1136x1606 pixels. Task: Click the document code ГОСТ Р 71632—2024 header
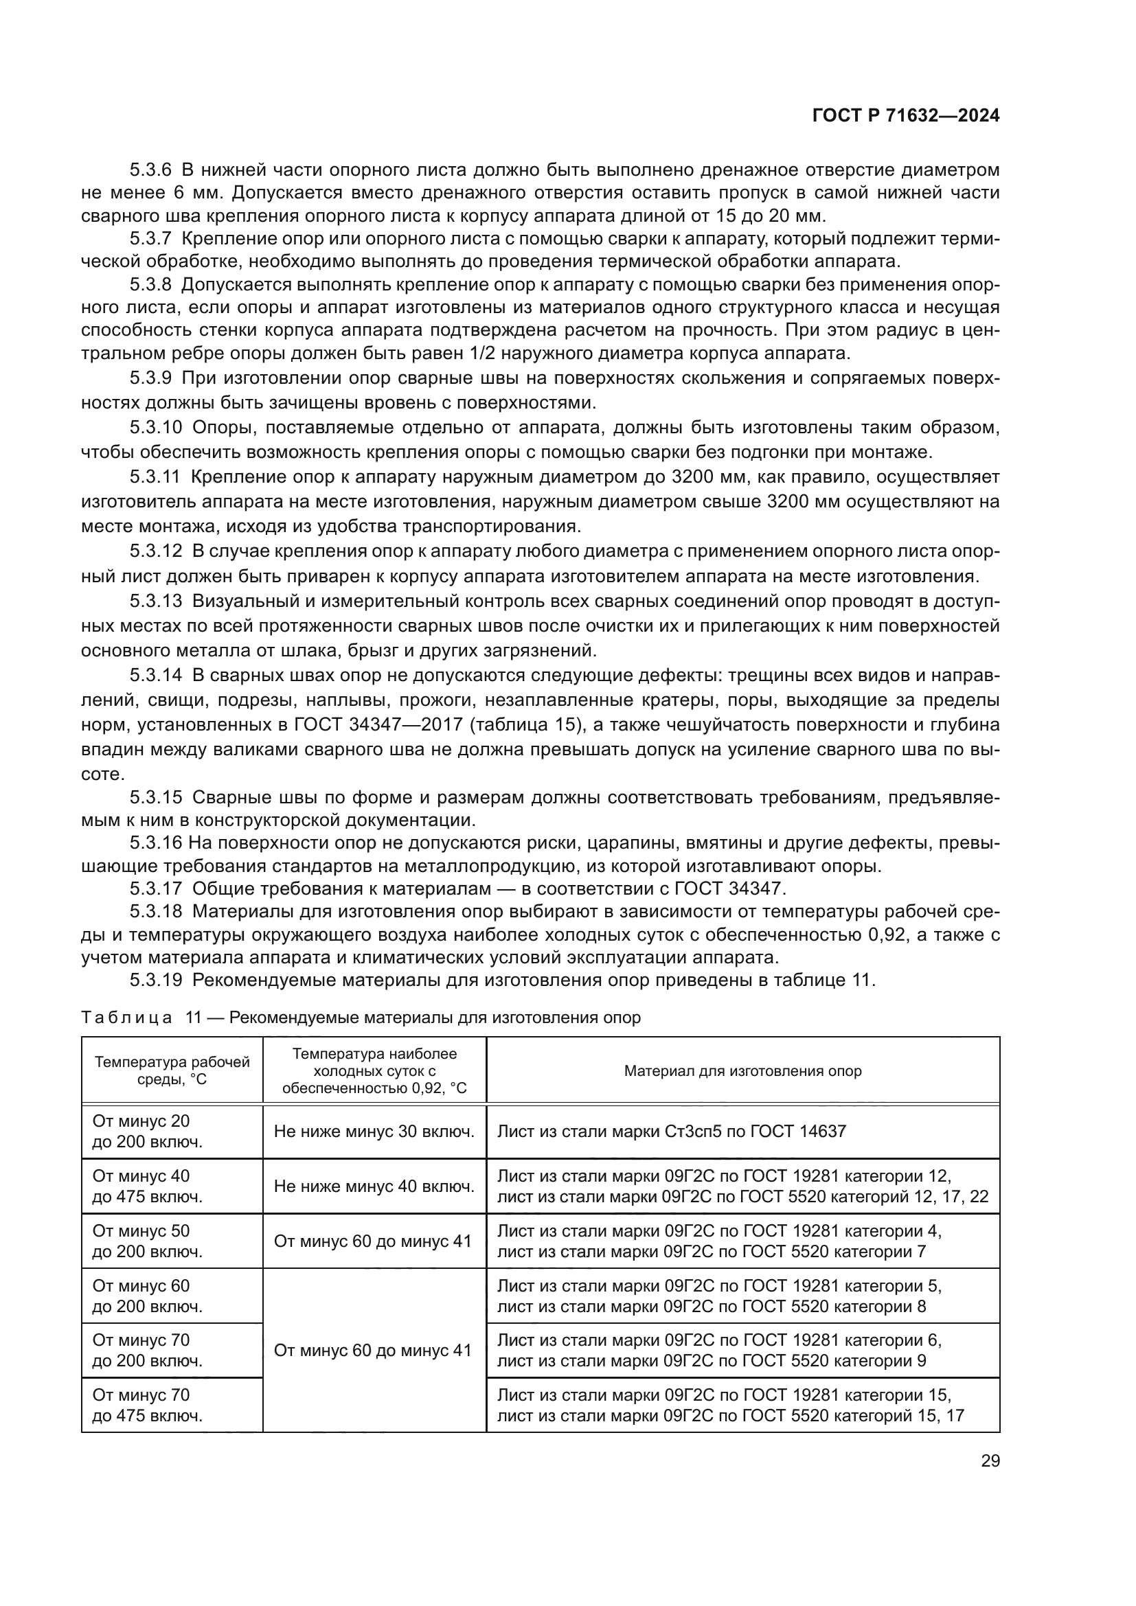click(905, 116)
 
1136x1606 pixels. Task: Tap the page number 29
click(990, 1461)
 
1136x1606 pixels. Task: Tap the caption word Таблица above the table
click(126, 1018)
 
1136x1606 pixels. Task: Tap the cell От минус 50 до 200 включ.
click(148, 1241)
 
